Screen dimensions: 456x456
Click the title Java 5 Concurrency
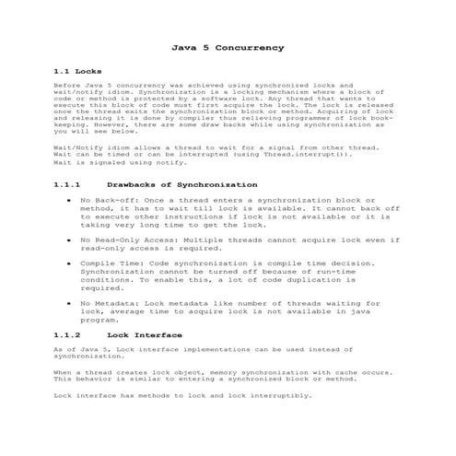(x=228, y=45)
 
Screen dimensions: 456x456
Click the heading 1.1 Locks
(x=77, y=71)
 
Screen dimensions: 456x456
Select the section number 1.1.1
(x=69, y=184)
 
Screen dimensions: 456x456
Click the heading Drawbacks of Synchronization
(x=188, y=184)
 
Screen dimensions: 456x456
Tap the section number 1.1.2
(x=69, y=334)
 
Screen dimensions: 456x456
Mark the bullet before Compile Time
(x=71, y=263)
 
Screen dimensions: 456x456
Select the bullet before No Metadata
(x=71, y=302)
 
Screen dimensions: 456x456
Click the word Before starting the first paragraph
(x=67, y=85)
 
